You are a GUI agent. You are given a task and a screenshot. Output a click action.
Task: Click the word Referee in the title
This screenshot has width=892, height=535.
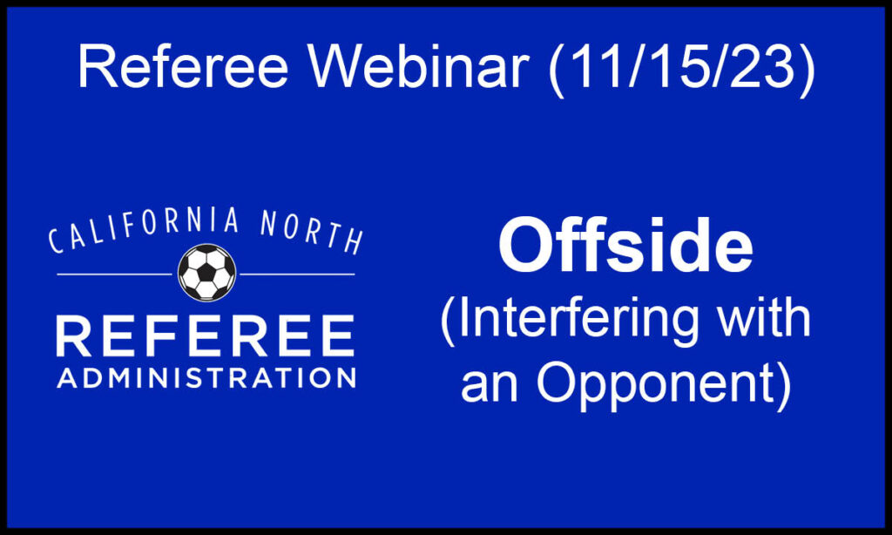[183, 67]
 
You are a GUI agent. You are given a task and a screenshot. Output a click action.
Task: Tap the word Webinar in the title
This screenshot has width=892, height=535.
[418, 67]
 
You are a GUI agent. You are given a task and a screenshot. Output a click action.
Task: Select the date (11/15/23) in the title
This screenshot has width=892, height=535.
[681, 69]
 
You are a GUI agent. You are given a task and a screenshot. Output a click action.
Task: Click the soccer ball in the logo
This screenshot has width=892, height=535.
[206, 273]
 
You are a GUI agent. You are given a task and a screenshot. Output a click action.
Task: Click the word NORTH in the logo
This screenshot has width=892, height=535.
[312, 233]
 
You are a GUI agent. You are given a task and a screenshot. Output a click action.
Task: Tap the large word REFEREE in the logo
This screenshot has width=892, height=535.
[206, 336]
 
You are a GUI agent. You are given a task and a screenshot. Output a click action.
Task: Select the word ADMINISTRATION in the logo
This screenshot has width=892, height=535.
[206, 378]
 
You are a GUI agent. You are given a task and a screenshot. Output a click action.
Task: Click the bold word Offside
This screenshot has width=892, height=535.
[625, 247]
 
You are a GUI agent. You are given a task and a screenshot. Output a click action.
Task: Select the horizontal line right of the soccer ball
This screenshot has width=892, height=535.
[297, 274]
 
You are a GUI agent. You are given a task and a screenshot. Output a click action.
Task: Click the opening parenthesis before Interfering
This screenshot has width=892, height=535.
[449, 321]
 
